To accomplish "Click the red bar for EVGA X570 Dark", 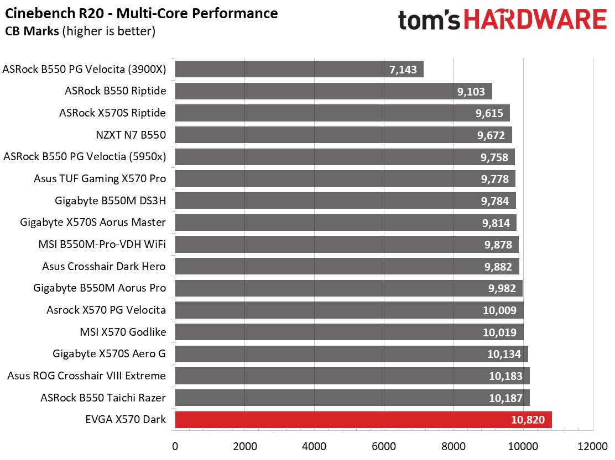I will (x=363, y=420).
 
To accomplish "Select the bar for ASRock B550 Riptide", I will (x=333, y=91).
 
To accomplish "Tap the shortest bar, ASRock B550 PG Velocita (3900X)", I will (x=299, y=70).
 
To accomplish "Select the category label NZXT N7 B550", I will (x=131, y=135).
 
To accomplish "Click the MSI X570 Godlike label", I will (x=123, y=332).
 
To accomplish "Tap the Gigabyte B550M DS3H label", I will (x=111, y=200).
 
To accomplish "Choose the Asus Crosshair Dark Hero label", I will (x=104, y=266).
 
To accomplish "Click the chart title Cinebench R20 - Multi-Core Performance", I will (x=142, y=13).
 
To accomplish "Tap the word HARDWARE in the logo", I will (x=535, y=20).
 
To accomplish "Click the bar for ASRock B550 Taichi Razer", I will (x=352, y=398).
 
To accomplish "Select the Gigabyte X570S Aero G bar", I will (x=351, y=354).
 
